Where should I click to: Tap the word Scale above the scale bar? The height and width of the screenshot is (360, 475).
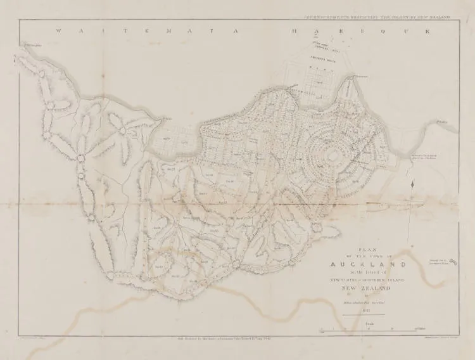tap(369, 323)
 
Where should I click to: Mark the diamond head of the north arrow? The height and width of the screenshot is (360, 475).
tap(412, 184)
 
